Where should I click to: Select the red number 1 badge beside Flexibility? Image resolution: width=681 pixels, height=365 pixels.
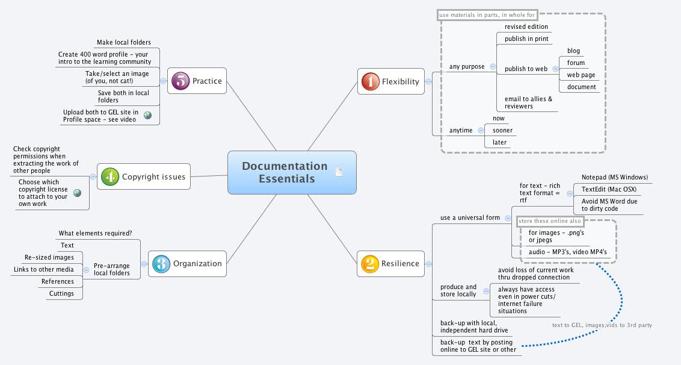(x=369, y=81)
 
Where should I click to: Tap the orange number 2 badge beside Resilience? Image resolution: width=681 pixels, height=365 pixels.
(x=369, y=263)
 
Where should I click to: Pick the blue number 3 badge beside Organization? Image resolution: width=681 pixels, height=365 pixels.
(x=161, y=263)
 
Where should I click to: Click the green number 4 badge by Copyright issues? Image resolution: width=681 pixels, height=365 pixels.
(x=109, y=176)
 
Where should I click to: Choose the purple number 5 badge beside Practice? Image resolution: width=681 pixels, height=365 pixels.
(x=180, y=81)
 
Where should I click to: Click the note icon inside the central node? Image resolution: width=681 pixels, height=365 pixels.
(x=339, y=172)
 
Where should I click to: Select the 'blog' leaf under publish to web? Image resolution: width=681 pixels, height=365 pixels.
(x=573, y=51)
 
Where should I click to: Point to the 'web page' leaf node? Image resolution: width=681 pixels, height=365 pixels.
(x=581, y=75)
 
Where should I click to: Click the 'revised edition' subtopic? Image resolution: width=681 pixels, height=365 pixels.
(x=526, y=27)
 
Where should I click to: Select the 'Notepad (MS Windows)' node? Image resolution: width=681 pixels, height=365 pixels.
(x=614, y=178)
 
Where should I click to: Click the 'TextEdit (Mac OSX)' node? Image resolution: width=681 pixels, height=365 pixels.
(x=609, y=190)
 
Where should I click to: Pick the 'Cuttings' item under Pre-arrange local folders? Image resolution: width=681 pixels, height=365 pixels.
(x=61, y=294)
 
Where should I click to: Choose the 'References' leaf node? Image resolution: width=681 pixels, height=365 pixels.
(x=58, y=282)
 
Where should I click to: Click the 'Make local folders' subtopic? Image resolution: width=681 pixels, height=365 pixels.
(x=123, y=43)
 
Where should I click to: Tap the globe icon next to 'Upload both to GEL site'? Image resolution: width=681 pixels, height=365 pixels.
(x=147, y=115)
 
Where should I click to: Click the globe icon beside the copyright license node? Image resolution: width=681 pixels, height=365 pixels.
(x=77, y=193)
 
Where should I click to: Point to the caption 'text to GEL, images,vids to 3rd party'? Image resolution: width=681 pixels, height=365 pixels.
(x=602, y=325)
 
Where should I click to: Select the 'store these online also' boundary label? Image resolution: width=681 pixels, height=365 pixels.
(x=550, y=221)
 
